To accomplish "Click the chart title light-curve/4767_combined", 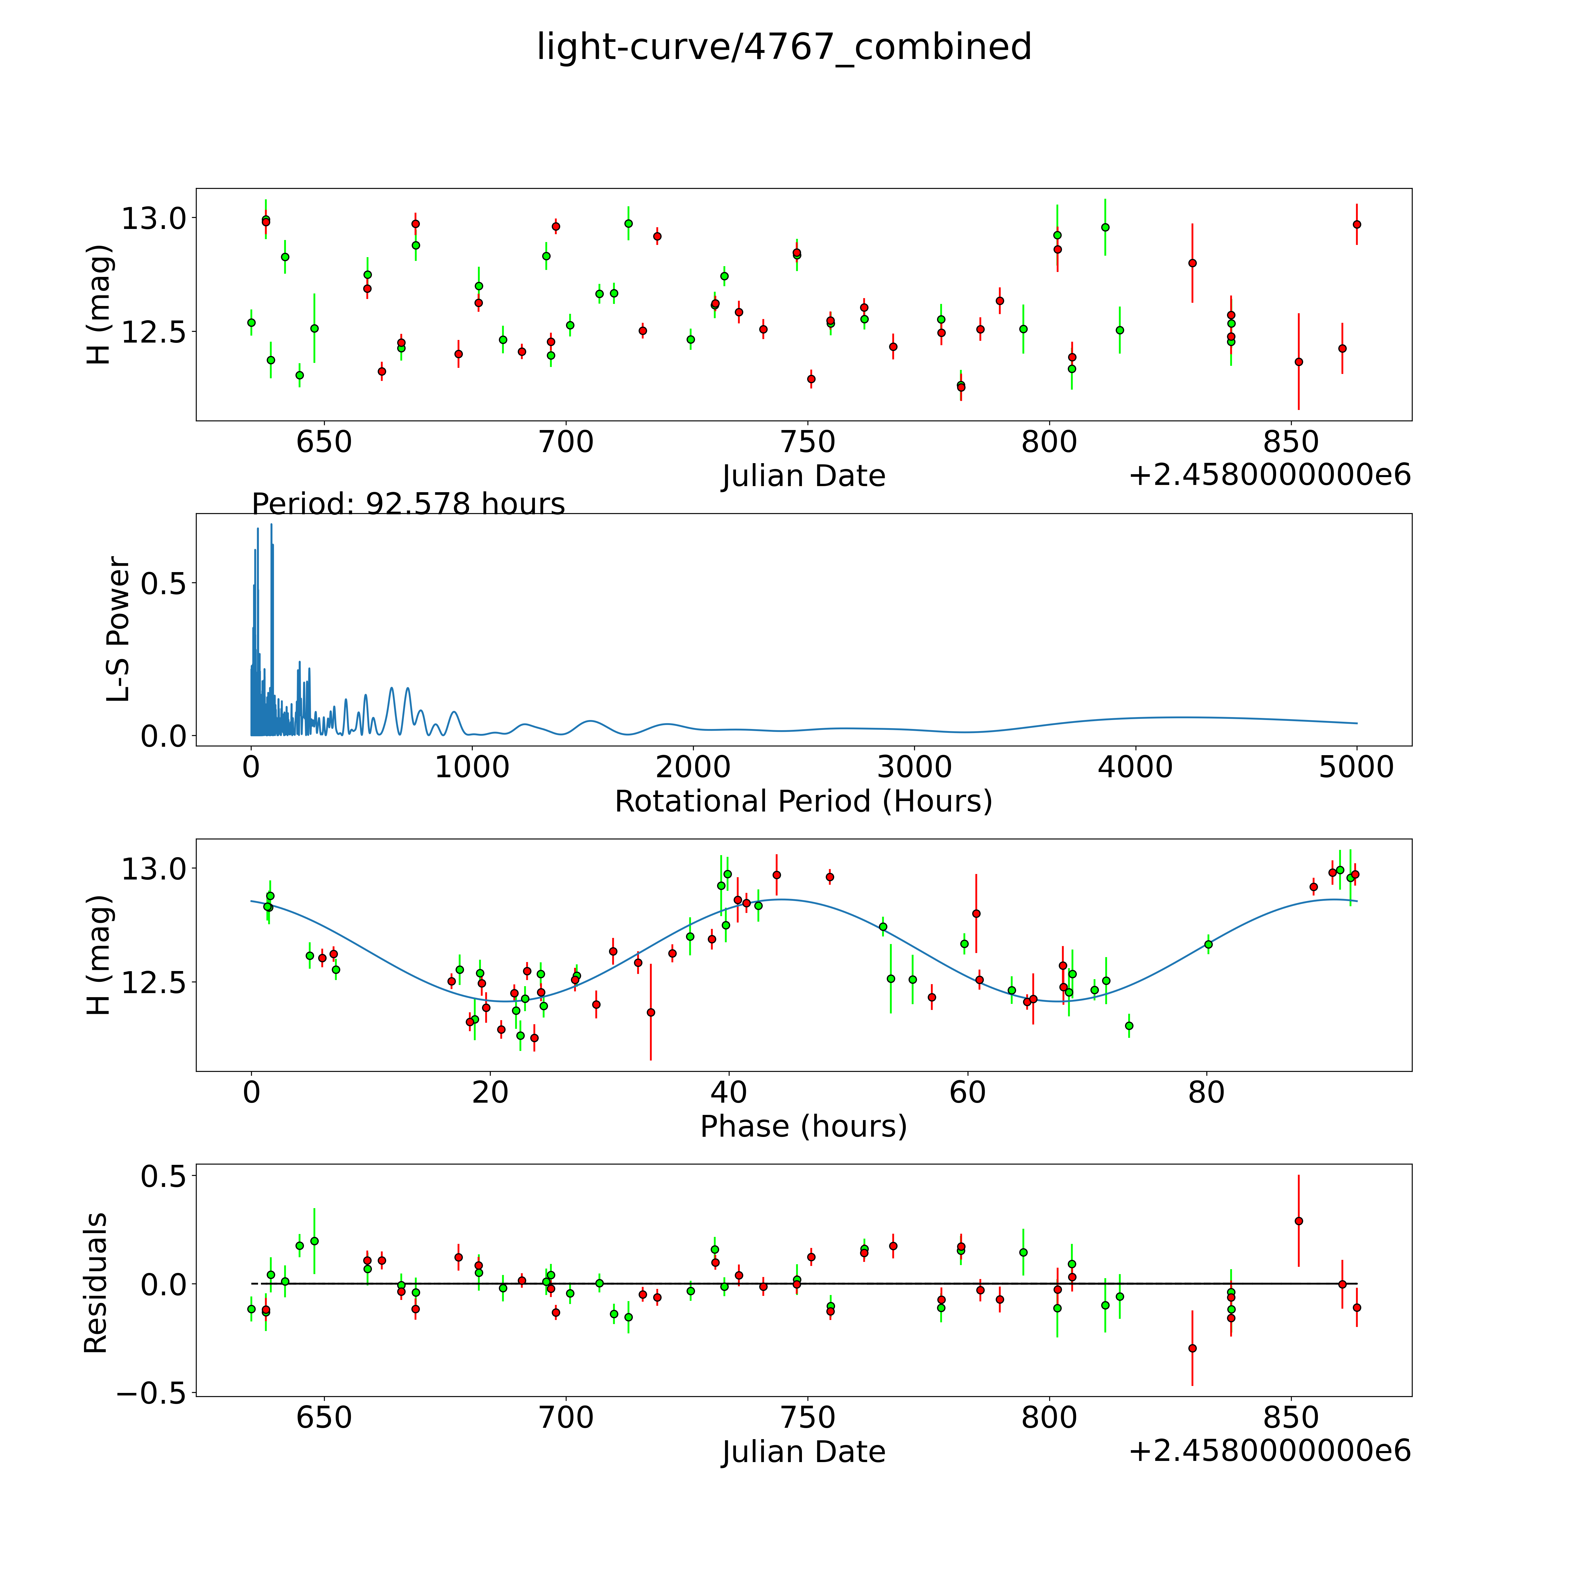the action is click(x=784, y=47).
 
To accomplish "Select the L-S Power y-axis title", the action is click(x=119, y=629).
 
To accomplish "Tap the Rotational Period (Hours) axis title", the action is click(x=803, y=802).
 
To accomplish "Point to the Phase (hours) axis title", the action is click(x=803, y=1126).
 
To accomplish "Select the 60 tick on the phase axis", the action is click(x=967, y=1092).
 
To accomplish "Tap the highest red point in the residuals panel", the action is click(x=1298, y=1221).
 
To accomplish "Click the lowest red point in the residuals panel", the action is click(x=1192, y=1348).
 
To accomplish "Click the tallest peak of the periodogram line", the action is click(x=271, y=525).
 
